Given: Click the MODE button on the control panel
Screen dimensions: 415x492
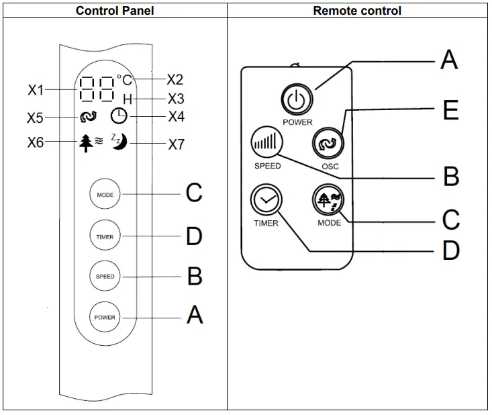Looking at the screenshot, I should (x=105, y=195).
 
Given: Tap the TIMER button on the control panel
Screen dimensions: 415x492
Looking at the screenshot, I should (x=105, y=236).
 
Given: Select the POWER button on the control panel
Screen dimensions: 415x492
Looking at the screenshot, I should (x=105, y=317).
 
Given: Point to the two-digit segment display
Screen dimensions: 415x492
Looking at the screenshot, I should (x=97, y=88).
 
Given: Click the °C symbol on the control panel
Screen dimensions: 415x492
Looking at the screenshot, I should (x=125, y=81).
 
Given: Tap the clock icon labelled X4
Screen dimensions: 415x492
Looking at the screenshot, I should (x=119, y=116).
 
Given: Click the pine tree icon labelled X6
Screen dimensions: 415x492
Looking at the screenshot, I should (x=85, y=142).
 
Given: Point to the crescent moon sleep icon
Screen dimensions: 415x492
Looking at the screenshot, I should (x=120, y=142).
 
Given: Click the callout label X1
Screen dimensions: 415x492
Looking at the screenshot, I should (x=36, y=89).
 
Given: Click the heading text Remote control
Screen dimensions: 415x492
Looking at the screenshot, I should (x=358, y=11).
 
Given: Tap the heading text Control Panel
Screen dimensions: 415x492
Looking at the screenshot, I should (x=114, y=11).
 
